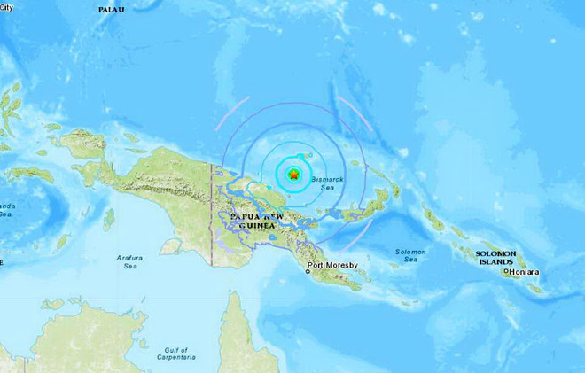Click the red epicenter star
click(293, 175)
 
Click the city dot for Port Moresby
click(308, 272)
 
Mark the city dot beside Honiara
click(507, 271)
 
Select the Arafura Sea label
click(129, 261)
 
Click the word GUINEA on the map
click(255, 227)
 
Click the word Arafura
click(129, 257)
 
